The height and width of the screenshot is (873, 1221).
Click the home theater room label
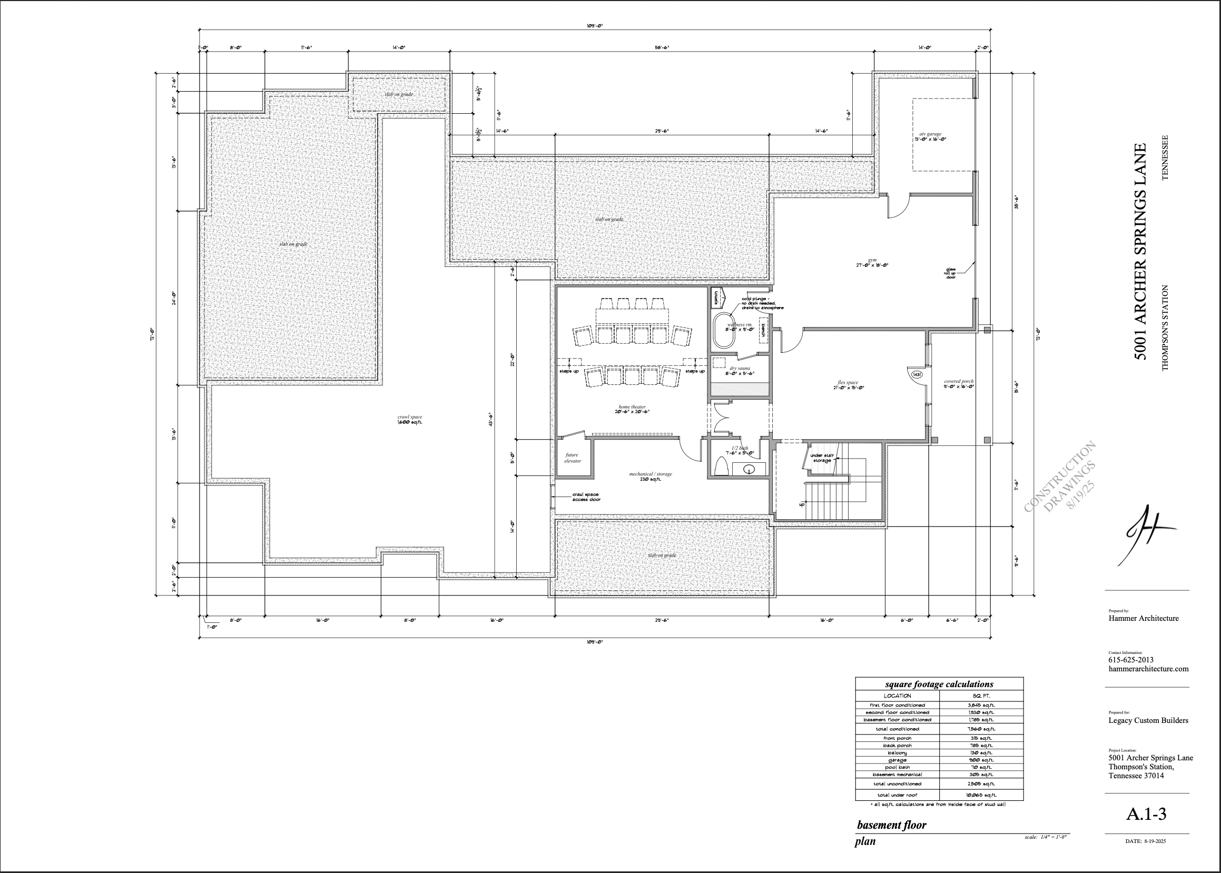coord(632,409)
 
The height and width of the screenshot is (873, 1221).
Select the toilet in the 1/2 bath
coord(721,467)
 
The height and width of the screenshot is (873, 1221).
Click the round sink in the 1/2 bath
coord(750,469)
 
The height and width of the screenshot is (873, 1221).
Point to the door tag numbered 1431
coord(917,374)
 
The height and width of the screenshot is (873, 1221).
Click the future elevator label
coord(572,458)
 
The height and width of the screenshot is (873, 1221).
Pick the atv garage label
coord(930,136)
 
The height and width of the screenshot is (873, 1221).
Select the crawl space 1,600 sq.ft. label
coord(410,419)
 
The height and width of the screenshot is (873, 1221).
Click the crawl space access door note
coord(586,497)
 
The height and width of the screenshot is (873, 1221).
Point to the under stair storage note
coord(822,458)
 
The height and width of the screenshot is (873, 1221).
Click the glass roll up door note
coord(951,273)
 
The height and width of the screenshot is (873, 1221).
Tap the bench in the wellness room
coord(762,330)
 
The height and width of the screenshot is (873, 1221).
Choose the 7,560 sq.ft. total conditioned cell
coord(981,729)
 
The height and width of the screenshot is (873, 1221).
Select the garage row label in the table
coord(898,760)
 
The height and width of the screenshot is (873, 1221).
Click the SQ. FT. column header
coord(982,696)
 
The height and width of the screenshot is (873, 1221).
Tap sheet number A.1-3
coord(1146,815)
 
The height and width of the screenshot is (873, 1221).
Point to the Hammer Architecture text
coord(1144,618)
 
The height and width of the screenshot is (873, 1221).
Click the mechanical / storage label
coord(651,477)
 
